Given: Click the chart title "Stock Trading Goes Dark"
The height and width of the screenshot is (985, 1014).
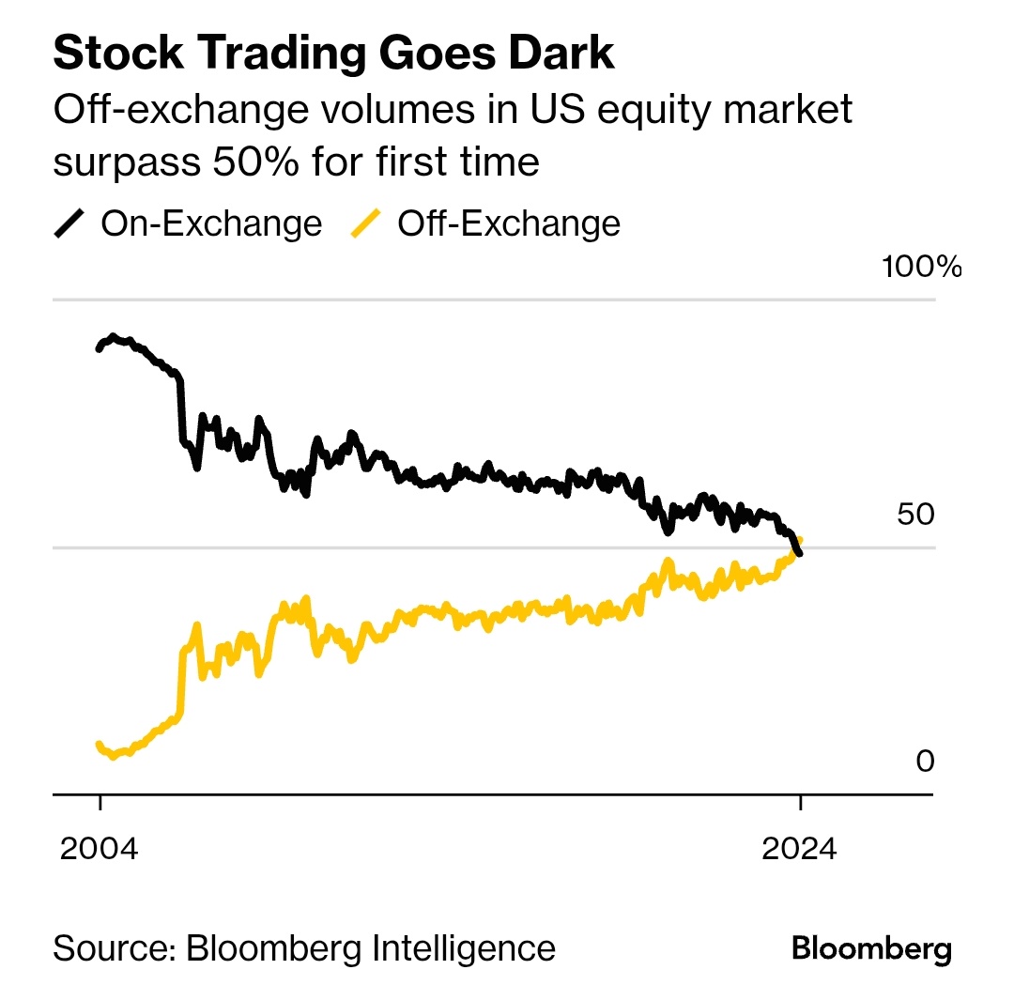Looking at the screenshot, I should tap(333, 54).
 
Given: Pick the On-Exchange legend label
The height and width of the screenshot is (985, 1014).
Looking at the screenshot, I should tap(210, 223).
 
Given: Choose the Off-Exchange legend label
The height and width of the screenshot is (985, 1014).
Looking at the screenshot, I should tap(508, 223).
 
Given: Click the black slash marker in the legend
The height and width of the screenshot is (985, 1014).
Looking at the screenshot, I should tap(70, 223).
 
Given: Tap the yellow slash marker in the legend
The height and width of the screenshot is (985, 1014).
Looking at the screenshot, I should tap(367, 223).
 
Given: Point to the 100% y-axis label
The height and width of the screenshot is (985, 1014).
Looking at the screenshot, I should tap(921, 267).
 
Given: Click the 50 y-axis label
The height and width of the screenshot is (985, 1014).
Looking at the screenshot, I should tap(914, 515).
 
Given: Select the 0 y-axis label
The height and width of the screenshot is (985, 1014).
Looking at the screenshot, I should tap(925, 761).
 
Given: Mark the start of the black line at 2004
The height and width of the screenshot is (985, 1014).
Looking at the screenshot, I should tap(100, 347).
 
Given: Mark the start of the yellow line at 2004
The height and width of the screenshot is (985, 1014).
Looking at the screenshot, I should tap(100, 745).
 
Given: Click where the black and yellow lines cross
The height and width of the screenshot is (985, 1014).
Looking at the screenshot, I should tap(795, 549).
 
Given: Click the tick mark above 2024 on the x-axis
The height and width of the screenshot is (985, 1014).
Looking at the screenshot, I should tap(800, 802).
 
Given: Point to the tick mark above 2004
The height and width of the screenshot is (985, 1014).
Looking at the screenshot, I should tap(100, 802).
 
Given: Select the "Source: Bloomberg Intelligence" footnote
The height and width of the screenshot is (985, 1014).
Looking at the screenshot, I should tap(303, 947).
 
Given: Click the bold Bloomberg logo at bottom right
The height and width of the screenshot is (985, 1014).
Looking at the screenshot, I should tap(871, 947).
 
